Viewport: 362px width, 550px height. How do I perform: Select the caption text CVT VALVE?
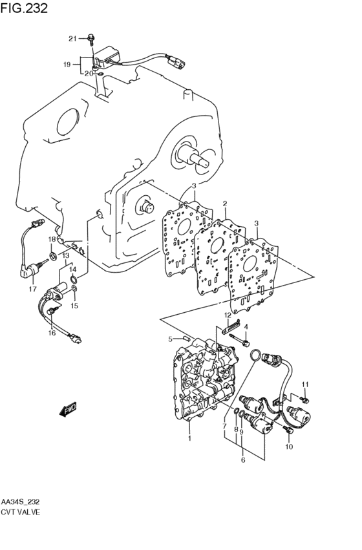(x=21, y=512)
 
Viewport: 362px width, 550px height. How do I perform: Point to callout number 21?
(x=73, y=39)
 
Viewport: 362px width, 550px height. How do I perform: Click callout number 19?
(x=67, y=64)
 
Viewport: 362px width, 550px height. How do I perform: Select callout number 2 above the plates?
(x=224, y=204)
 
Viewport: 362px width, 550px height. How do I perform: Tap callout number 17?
(x=32, y=289)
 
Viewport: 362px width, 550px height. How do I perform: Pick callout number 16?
(x=52, y=333)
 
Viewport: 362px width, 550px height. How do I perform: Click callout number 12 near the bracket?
(x=228, y=315)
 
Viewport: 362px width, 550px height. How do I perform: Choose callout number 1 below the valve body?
(x=189, y=439)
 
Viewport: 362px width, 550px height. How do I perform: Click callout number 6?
(x=243, y=460)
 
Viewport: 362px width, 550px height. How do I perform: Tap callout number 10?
(x=289, y=447)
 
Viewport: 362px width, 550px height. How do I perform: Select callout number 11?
(x=306, y=385)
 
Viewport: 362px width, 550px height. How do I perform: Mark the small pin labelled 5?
(x=186, y=338)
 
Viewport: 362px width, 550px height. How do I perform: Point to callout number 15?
(x=74, y=306)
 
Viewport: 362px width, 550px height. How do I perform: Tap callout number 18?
(x=51, y=239)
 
